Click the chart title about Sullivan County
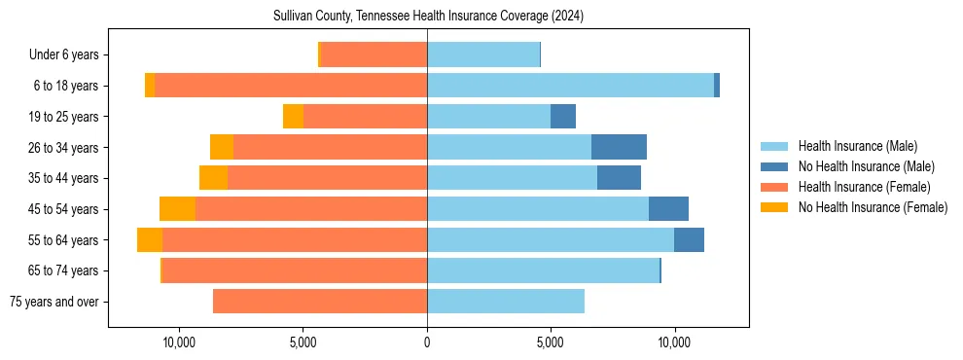428,16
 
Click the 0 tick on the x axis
427,342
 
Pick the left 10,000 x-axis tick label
180,342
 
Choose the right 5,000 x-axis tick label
551,342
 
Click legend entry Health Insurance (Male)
857,146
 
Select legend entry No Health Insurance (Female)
873,207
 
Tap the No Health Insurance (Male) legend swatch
775,166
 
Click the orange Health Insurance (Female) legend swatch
775,187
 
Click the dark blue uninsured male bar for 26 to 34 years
619,147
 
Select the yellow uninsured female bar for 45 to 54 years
177,209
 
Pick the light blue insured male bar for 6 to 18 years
570,86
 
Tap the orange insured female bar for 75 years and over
320,302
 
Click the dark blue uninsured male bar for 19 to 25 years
563,117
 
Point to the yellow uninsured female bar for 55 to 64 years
150,240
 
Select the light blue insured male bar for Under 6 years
483,55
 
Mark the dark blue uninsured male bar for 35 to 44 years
619,178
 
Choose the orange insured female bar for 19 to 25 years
365,117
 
